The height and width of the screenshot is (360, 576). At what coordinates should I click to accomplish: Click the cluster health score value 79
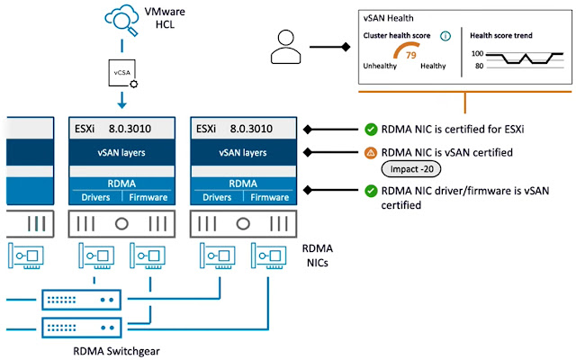click(x=411, y=55)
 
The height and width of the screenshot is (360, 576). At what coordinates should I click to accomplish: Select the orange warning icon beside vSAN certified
click(x=370, y=153)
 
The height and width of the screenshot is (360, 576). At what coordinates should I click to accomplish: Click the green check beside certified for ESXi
click(x=370, y=129)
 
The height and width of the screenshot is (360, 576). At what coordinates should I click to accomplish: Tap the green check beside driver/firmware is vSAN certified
click(x=370, y=190)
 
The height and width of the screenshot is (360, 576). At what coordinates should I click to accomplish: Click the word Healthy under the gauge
click(x=433, y=66)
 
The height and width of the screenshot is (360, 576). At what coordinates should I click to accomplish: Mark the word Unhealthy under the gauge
click(x=382, y=66)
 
